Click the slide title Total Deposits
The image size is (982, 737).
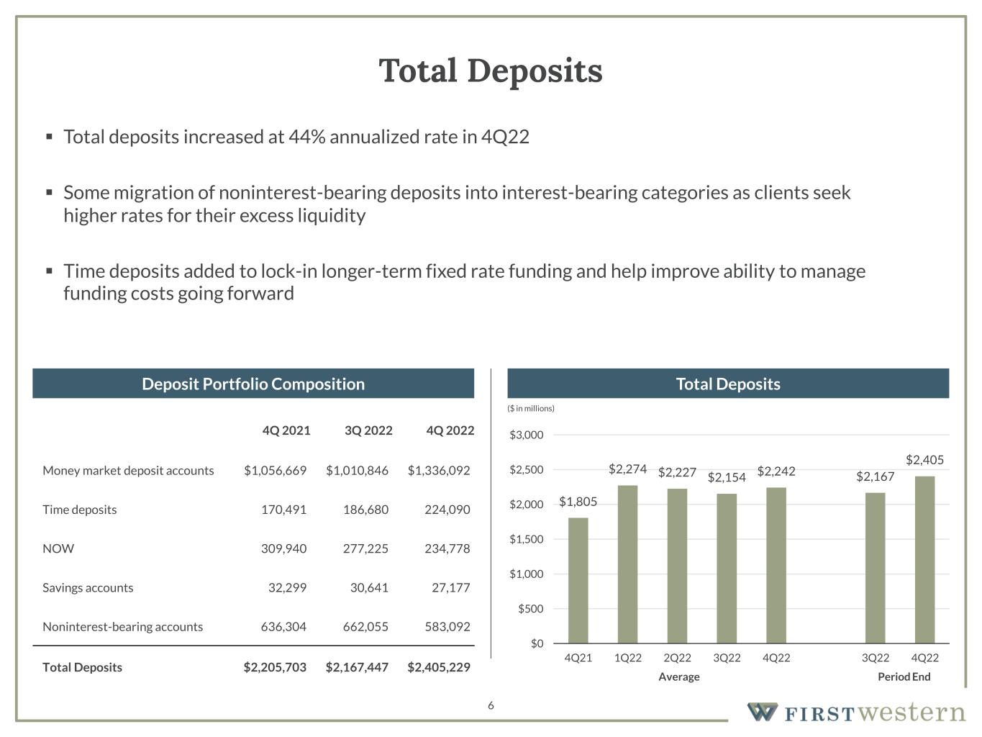[x=491, y=71]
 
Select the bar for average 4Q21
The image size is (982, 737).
[x=578, y=580]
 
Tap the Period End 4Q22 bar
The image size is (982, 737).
[x=924, y=559]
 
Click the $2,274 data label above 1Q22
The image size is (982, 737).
[x=627, y=469]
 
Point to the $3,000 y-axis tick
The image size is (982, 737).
[x=527, y=435]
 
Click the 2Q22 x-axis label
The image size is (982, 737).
[x=677, y=658]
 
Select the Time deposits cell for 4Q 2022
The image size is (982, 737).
[x=447, y=510]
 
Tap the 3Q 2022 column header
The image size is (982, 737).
[x=368, y=430]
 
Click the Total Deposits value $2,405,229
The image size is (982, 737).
[x=438, y=667]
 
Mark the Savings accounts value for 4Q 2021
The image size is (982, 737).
[x=287, y=587]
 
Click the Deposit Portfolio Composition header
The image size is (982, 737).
[x=253, y=384]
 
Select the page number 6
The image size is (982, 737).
[x=491, y=705]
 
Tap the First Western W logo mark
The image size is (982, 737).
[x=762, y=712]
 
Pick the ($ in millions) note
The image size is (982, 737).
[x=531, y=408]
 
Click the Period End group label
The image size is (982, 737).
[x=904, y=677]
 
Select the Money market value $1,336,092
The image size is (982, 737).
[x=438, y=471]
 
